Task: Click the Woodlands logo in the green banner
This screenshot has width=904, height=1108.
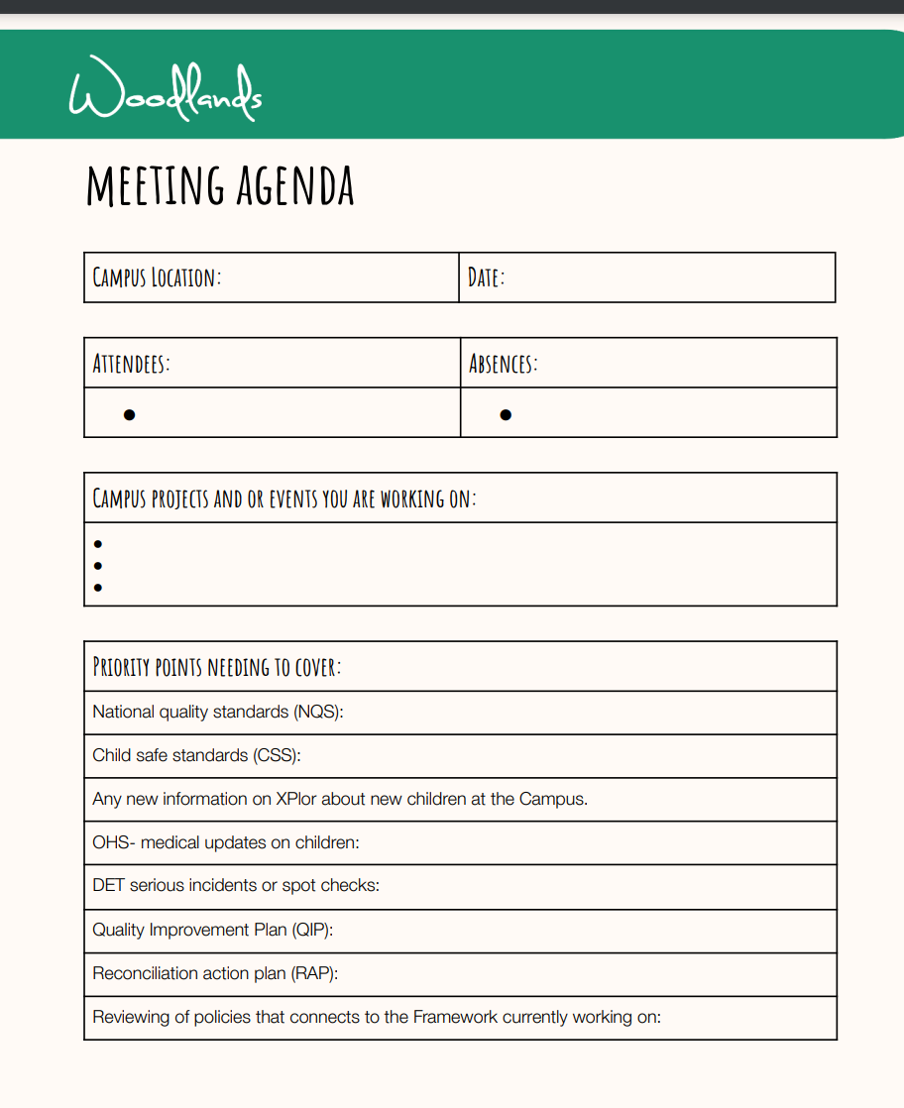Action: (166, 90)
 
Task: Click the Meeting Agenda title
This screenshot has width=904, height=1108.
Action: (220, 185)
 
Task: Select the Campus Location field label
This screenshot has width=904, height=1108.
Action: (157, 277)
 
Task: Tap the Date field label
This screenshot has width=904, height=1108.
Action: (486, 277)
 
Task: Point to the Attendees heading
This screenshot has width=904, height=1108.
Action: (131, 363)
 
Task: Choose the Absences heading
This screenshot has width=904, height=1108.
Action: (503, 363)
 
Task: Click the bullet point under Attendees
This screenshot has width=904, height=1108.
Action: (129, 414)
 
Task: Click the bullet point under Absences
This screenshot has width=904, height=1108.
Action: (506, 414)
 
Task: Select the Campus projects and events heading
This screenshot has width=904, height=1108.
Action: (284, 498)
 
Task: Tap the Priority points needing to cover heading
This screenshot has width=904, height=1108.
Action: (216, 666)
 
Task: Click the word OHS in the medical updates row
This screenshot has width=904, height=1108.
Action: (111, 842)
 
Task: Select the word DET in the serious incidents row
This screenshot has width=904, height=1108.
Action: (109, 886)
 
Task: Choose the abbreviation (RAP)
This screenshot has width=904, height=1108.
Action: (314, 973)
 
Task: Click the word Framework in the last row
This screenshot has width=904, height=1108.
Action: (455, 1017)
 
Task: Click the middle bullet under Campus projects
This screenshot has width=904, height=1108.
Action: (97, 566)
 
